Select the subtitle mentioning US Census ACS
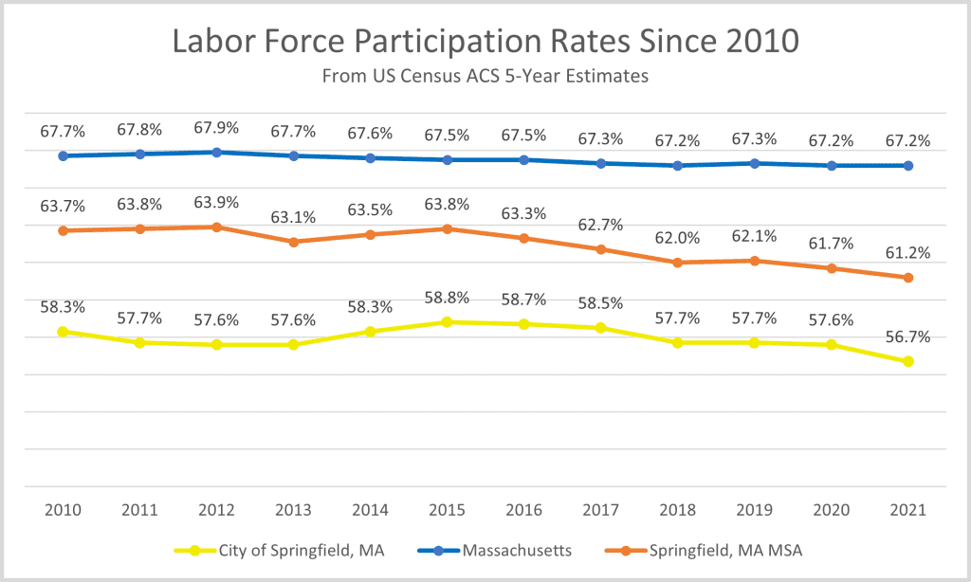[485, 77]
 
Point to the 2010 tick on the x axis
[63, 509]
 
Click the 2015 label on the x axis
[448, 509]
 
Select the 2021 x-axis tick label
[908, 509]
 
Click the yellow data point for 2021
[908, 361]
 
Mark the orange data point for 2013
[294, 242]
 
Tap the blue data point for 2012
[217, 152]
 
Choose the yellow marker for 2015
[448, 322]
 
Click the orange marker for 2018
[678, 263]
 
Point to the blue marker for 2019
[755, 163]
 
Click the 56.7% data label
[908, 336]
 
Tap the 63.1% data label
[294, 217]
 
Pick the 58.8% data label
[448, 298]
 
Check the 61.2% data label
[908, 253]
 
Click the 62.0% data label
[678, 238]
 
